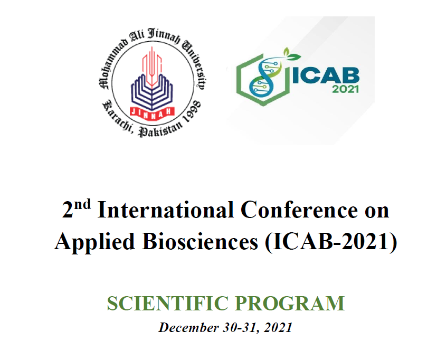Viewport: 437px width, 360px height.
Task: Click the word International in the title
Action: pos(166,210)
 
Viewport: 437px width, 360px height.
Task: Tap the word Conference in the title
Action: pos(299,210)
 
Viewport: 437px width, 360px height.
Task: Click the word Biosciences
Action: pos(200,241)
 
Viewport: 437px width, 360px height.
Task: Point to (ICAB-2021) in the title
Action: pos(331,242)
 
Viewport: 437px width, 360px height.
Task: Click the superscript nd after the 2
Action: pos(82,204)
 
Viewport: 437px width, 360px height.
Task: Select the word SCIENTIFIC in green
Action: pos(167,304)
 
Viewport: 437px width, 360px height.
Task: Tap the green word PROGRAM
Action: pos(290,304)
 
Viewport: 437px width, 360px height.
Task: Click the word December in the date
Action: pos(188,327)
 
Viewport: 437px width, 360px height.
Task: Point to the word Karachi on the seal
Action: pos(117,117)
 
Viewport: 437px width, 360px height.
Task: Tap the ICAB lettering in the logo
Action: pos(326,75)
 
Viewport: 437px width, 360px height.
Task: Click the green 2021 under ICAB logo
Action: pos(345,89)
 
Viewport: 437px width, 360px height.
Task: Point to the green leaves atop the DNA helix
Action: pos(291,54)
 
